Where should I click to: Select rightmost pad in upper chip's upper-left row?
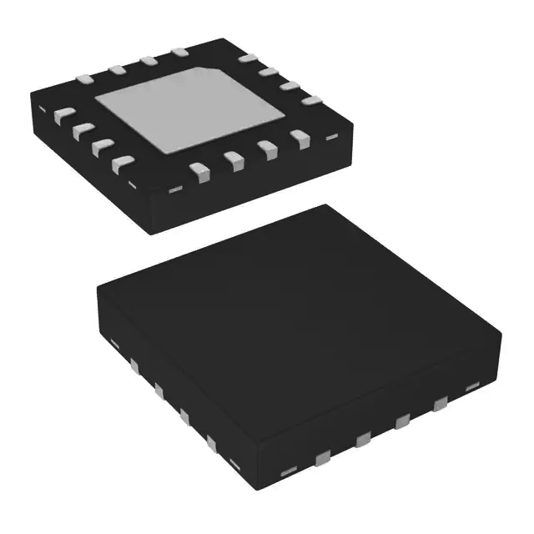(x=179, y=53)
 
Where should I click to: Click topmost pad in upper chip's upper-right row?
(x=247, y=58)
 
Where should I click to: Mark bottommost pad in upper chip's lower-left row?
(x=123, y=164)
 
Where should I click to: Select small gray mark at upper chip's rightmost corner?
(x=331, y=136)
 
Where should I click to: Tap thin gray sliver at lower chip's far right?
(x=471, y=386)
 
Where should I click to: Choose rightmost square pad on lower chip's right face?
(x=438, y=406)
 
